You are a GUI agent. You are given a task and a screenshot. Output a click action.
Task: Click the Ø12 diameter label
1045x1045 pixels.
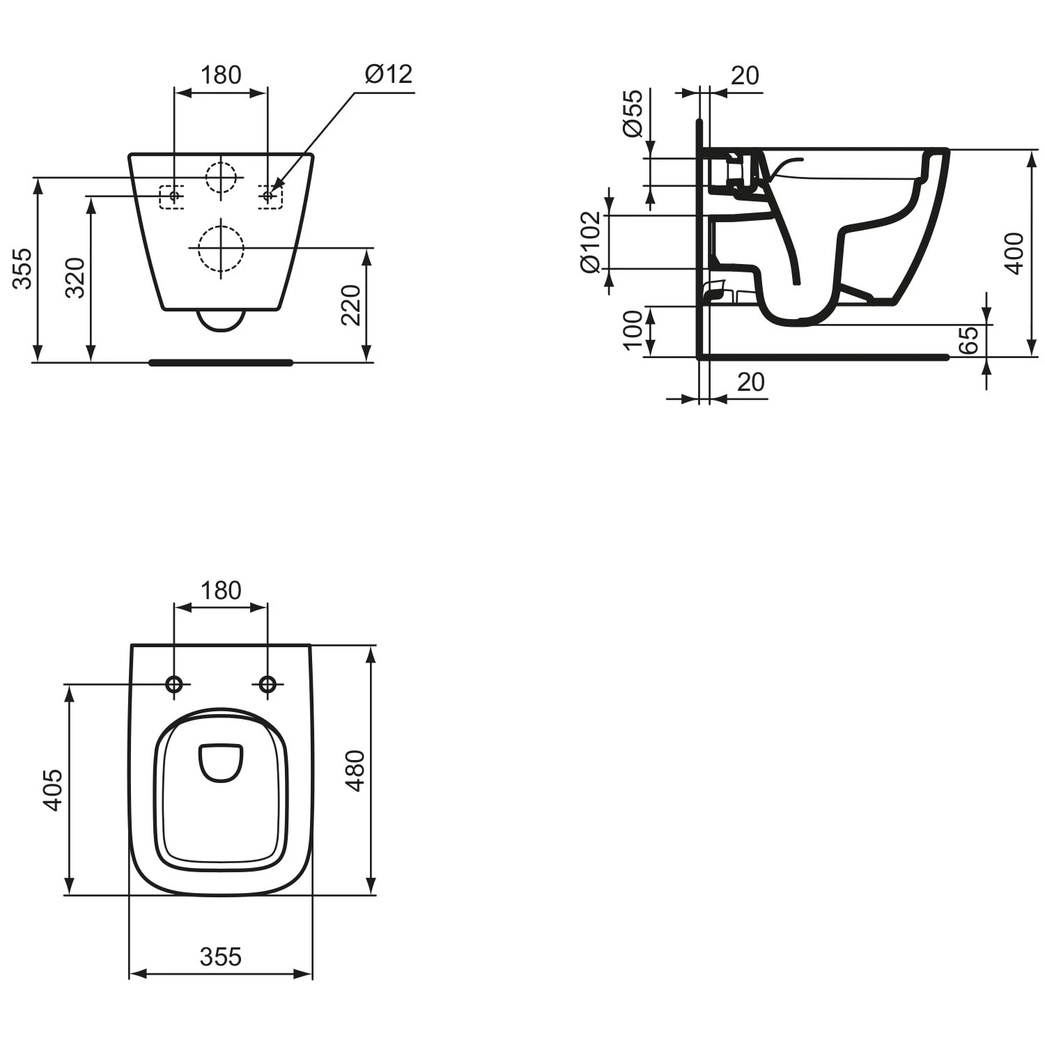(389, 74)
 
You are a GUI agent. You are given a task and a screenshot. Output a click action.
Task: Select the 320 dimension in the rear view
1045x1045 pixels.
(75, 277)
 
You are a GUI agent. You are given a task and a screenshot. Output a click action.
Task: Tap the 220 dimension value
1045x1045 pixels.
(350, 304)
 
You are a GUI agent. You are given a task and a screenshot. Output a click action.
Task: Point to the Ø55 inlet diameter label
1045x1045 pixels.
(633, 113)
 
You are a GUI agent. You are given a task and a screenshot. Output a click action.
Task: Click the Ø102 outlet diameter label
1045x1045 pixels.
(589, 242)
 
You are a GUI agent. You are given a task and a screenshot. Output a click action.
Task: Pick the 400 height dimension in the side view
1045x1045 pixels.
(1014, 254)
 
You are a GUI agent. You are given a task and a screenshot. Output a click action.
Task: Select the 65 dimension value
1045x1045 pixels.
(968, 340)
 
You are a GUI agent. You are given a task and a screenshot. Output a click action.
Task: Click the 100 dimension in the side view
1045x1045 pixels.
(633, 330)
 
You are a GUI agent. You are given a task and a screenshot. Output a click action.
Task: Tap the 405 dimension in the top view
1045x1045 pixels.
(53, 790)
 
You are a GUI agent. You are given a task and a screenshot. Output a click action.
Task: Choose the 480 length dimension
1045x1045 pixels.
(355, 771)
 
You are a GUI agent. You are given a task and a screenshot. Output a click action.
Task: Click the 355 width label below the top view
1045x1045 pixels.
(220, 957)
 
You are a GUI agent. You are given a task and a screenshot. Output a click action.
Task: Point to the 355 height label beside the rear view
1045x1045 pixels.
(22, 268)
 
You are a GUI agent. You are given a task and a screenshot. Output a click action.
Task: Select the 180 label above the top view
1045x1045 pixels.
(221, 590)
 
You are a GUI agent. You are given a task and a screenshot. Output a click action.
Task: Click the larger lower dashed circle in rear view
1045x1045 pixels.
(221, 248)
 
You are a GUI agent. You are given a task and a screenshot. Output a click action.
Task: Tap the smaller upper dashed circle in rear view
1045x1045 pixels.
(222, 177)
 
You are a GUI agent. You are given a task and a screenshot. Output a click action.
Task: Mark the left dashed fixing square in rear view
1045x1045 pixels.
(171, 196)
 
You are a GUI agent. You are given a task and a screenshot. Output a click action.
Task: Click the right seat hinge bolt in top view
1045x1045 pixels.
(268, 684)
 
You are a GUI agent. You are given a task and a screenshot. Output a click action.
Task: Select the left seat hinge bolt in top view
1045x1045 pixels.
(174, 684)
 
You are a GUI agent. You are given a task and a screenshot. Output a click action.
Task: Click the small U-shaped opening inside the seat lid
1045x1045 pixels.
(221, 762)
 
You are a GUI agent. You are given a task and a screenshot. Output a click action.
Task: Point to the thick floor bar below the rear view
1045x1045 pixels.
(221, 362)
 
